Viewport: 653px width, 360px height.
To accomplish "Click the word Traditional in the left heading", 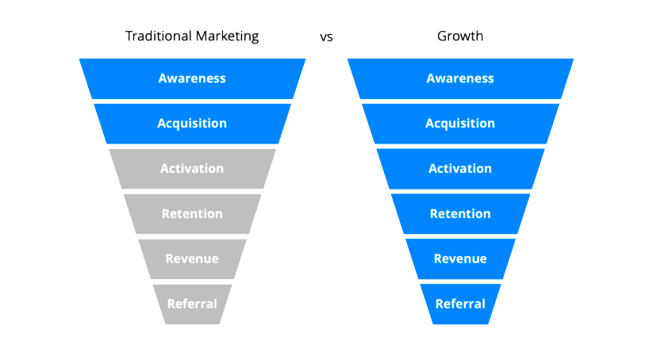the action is click(159, 36).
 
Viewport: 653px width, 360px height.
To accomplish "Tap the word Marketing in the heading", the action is click(228, 36).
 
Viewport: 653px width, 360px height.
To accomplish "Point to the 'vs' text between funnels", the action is click(327, 37).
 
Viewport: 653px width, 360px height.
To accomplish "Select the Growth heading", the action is click(460, 36).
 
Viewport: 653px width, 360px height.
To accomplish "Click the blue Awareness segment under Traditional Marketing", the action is click(192, 79).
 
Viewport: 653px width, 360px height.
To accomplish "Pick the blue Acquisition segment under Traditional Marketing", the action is click(192, 124).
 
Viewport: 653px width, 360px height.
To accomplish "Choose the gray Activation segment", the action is click(192, 169).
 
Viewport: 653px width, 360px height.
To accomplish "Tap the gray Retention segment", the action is click(192, 213).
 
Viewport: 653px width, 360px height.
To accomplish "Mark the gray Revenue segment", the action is click(192, 259).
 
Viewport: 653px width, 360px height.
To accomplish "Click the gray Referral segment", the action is click(192, 304).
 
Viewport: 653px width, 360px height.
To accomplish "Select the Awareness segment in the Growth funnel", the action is click(461, 79).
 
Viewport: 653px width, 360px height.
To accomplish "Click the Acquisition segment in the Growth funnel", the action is click(461, 124).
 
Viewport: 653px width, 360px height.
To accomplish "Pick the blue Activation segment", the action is click(461, 169).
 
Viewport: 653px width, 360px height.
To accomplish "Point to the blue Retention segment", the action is click(461, 213).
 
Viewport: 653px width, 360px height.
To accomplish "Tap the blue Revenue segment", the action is click(461, 259).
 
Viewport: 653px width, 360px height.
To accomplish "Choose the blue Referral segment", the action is click(461, 304).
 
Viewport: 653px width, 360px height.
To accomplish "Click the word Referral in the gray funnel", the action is click(192, 304).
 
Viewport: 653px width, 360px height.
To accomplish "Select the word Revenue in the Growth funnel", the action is click(461, 259).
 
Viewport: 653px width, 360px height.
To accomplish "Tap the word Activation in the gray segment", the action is click(192, 169).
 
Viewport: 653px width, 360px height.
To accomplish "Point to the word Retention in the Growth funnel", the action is click(461, 214).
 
